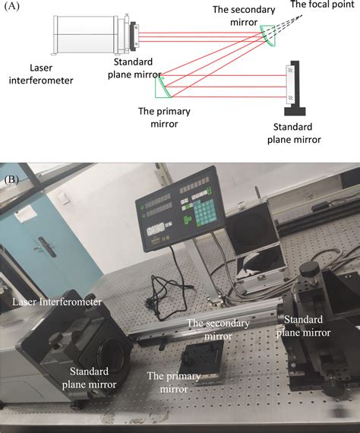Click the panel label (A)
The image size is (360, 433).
(x=12, y=6)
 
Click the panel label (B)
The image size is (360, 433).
(x=11, y=179)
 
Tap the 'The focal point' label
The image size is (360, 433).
(x=322, y=4)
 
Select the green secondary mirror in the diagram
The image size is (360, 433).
(x=268, y=36)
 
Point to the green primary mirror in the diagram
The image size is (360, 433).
(x=163, y=87)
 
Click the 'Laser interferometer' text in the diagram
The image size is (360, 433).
(x=41, y=74)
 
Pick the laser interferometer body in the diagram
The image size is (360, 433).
(x=86, y=34)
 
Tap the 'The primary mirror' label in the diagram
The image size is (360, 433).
(x=164, y=117)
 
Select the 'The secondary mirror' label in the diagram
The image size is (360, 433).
(x=244, y=15)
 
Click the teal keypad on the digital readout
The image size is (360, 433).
(x=204, y=213)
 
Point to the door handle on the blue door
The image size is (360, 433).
(x=45, y=245)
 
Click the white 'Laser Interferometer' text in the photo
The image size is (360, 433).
(x=57, y=302)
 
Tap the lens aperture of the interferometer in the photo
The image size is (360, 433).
(x=112, y=354)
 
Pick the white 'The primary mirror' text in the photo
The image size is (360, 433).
(x=174, y=382)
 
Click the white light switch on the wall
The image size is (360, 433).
(x=64, y=198)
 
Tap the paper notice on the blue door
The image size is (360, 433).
(x=27, y=214)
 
